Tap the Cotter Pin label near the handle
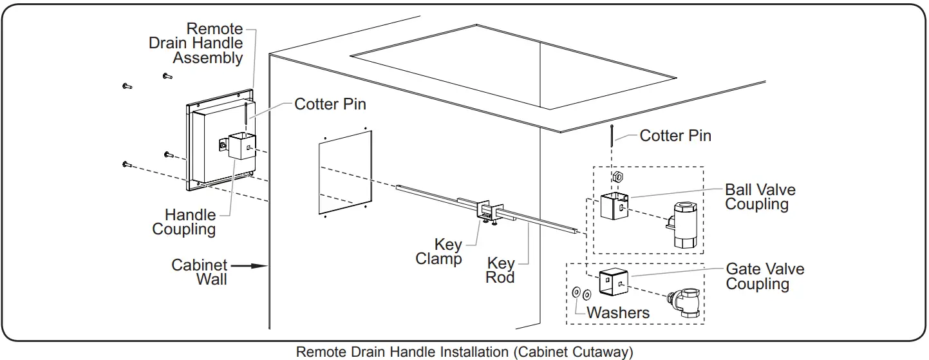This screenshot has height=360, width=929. click(x=330, y=104)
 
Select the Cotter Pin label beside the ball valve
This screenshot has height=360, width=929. click(x=675, y=135)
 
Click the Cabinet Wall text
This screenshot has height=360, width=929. click(x=200, y=272)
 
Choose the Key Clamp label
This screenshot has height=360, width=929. click(x=439, y=252)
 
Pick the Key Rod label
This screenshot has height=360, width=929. click(x=501, y=270)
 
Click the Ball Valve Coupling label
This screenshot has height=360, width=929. click(x=760, y=197)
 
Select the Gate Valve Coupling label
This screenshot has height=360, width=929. click(x=765, y=276)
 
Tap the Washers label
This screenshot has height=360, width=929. click(x=618, y=312)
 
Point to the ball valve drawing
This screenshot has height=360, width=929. click(x=684, y=223)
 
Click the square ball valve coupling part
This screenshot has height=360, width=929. click(x=613, y=205)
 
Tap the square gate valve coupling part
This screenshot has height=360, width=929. click(x=613, y=282)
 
